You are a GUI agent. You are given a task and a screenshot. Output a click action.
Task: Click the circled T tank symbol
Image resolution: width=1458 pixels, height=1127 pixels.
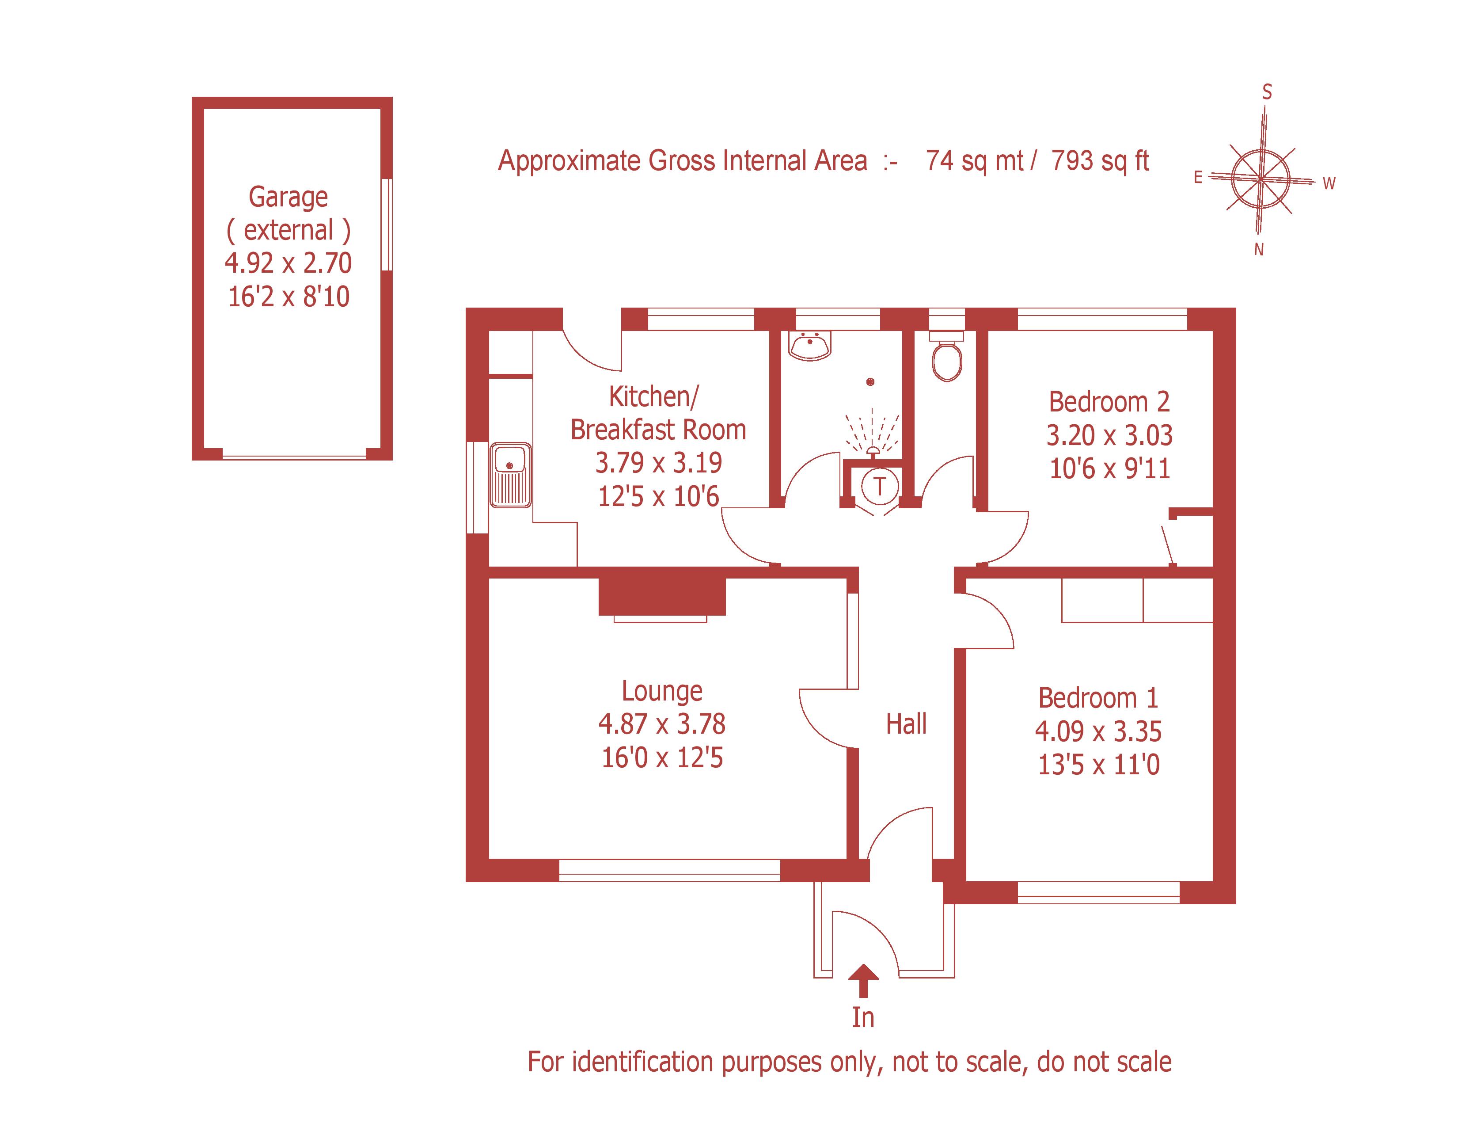click(880, 486)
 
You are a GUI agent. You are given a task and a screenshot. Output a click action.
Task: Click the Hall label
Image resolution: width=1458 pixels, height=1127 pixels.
click(906, 724)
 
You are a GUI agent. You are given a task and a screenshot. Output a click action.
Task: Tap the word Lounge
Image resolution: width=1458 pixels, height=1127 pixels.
click(661, 691)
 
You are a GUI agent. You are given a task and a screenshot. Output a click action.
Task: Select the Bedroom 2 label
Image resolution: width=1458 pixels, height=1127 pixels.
click(1109, 402)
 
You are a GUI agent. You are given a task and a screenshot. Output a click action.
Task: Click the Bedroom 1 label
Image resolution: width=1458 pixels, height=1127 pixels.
click(1098, 698)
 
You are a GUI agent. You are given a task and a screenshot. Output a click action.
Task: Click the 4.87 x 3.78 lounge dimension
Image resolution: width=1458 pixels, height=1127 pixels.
click(661, 724)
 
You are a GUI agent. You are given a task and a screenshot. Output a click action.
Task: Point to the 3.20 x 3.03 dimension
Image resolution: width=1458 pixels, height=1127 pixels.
click(1109, 435)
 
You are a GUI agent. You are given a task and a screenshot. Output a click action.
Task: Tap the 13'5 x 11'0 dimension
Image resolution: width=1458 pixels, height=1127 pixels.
click(1098, 765)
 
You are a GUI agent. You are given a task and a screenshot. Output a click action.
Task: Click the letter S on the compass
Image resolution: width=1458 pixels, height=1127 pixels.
click(1266, 92)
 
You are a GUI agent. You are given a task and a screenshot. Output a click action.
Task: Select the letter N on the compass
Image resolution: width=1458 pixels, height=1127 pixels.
click(1258, 250)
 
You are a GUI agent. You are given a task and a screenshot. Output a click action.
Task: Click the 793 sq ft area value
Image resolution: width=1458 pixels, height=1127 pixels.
click(1100, 161)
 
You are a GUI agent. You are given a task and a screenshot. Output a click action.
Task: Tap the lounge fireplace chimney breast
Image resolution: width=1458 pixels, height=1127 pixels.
click(661, 596)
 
